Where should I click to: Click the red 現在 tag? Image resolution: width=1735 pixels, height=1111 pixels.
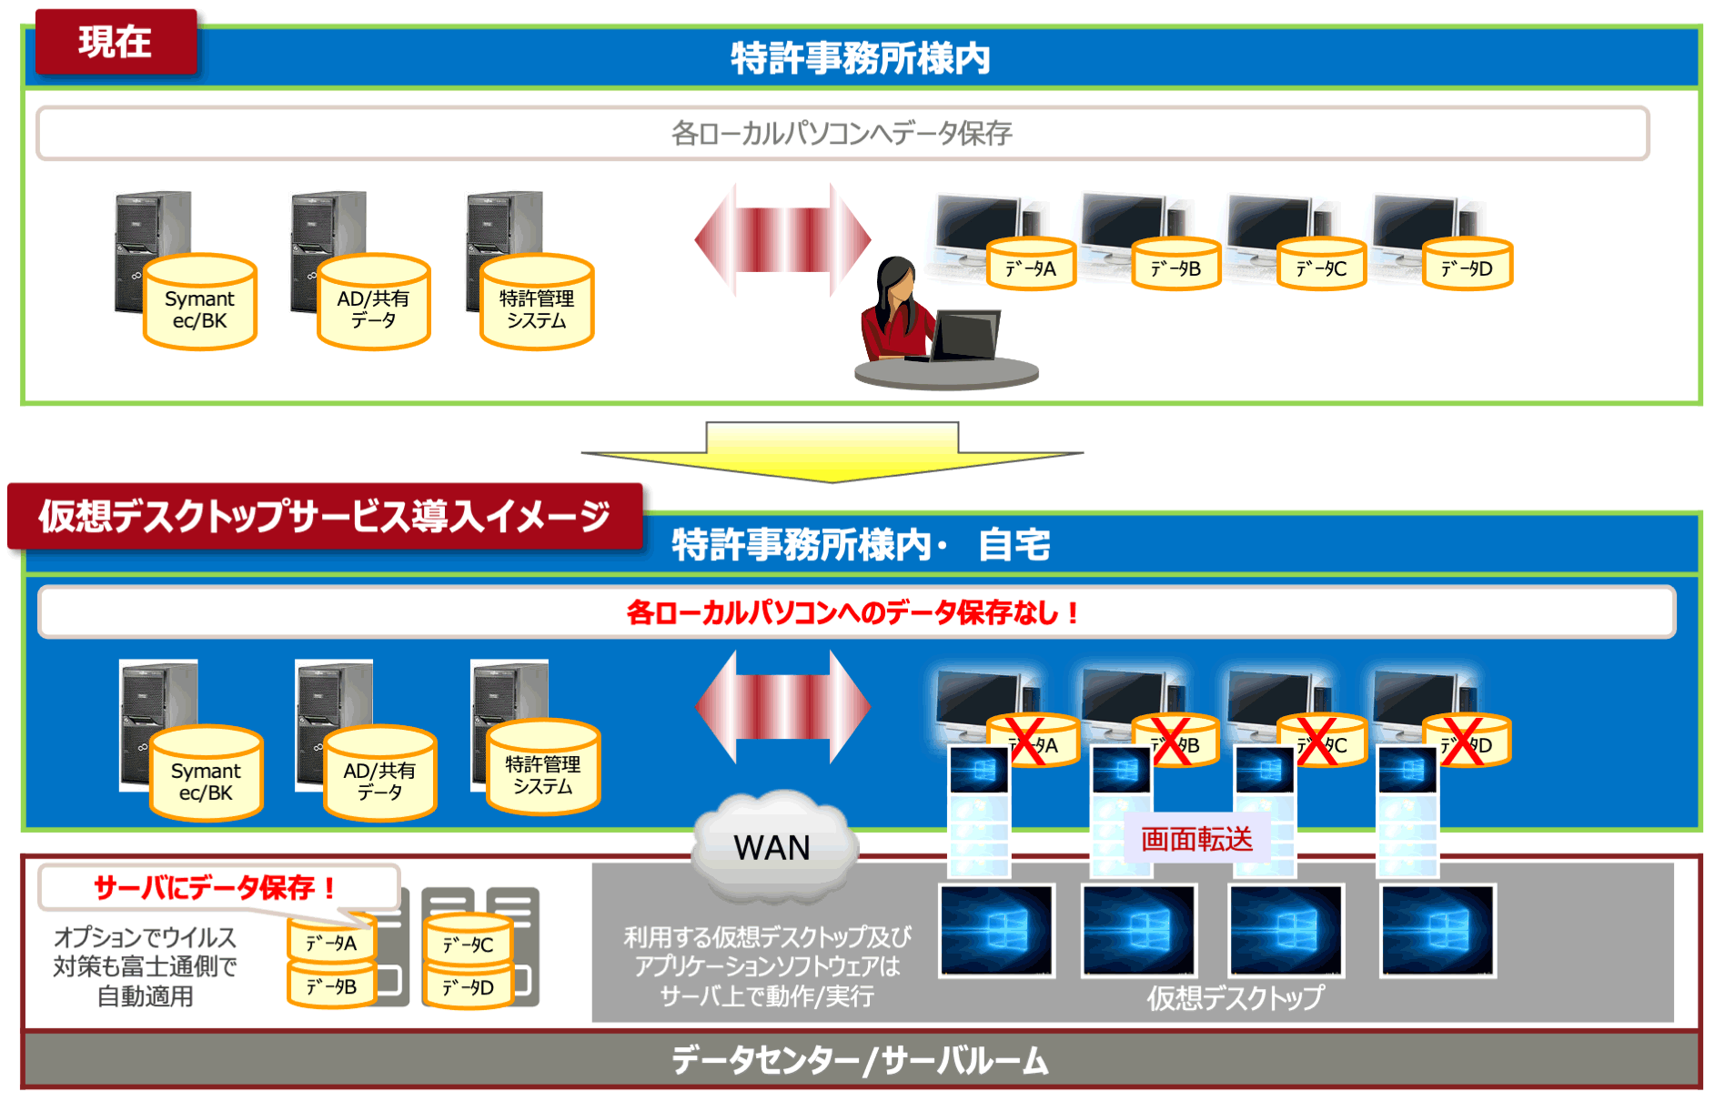tap(116, 42)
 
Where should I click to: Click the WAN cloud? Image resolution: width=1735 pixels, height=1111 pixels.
tap(772, 846)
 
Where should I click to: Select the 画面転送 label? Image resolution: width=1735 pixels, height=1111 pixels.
tap(1196, 838)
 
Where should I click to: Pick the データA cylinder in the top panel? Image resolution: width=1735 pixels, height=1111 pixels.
tap(1031, 265)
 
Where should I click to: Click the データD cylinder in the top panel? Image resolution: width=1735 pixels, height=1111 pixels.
tap(1467, 265)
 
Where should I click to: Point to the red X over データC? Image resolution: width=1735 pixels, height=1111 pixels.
tap(1316, 742)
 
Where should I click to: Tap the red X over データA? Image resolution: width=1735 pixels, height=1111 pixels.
tap(1027, 742)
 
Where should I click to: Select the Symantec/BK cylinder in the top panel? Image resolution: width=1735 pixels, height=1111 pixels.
tap(200, 304)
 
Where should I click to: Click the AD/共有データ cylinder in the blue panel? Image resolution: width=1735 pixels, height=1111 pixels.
tap(379, 775)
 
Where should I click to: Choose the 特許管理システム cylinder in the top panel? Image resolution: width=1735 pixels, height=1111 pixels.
tap(537, 304)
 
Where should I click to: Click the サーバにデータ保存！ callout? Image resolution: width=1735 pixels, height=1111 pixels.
tap(217, 886)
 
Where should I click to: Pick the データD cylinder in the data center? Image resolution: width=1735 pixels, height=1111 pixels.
tap(469, 988)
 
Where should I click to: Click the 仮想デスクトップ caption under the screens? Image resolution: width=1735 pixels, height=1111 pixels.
tap(1235, 998)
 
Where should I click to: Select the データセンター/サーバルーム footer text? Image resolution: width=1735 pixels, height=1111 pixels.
tap(860, 1060)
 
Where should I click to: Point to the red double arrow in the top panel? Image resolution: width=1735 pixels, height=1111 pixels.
tap(782, 240)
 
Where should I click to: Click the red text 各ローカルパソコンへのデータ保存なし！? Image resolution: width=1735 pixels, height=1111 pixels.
tap(852, 612)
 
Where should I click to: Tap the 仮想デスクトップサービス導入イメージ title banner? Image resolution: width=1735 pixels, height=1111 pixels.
tap(324, 516)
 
